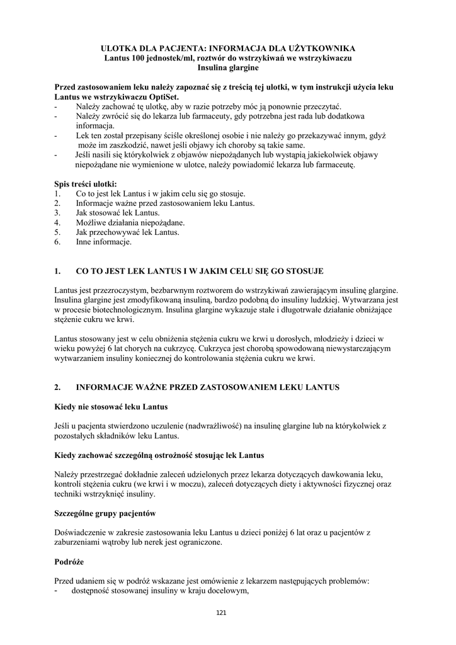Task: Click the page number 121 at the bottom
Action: coord(221,613)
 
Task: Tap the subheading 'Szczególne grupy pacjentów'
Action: coord(105,513)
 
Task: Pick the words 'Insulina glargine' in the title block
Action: coord(228,67)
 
